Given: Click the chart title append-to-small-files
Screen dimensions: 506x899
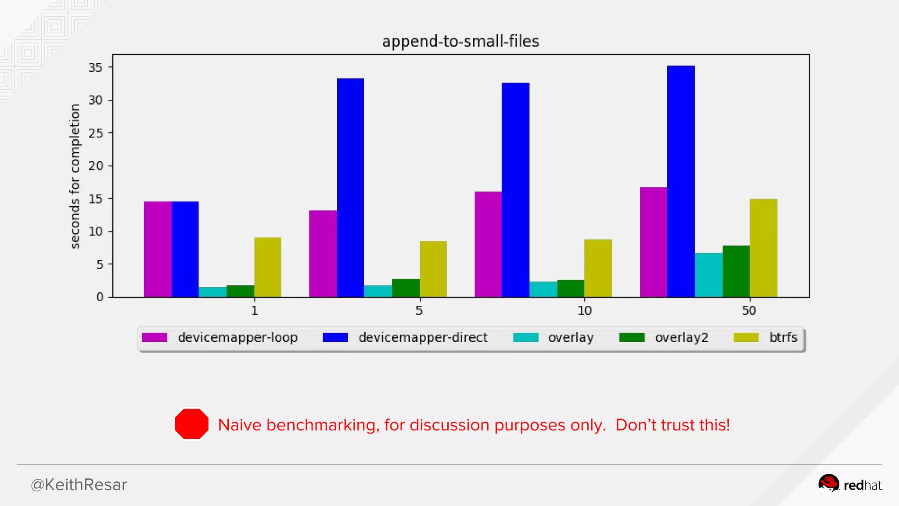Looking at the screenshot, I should (460, 41).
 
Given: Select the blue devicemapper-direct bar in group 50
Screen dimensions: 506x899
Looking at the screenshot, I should (680, 181).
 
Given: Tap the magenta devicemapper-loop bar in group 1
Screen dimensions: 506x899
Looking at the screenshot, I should (158, 249).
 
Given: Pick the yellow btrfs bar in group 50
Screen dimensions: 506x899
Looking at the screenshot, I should (763, 248).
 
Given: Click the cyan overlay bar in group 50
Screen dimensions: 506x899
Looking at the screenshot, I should (708, 275).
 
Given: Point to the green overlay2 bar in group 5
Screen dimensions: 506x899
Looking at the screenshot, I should (406, 288).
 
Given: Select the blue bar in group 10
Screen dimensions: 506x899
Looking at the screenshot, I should (515, 190).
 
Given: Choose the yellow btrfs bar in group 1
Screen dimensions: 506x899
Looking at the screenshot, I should (268, 267).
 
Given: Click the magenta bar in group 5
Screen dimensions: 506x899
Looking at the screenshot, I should (323, 254).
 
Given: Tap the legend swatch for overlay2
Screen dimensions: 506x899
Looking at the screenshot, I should (632, 337).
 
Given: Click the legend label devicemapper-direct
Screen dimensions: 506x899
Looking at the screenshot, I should (423, 337).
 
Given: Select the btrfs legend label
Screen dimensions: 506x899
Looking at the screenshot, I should (783, 337).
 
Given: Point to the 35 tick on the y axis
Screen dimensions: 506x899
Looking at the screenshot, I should (96, 68).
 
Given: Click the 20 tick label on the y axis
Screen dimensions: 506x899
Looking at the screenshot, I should (96, 166).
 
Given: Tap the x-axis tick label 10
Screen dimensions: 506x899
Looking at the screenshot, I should (584, 311).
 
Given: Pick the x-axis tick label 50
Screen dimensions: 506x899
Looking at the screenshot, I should (749, 311).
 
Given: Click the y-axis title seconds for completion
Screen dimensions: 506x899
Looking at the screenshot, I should (75, 176).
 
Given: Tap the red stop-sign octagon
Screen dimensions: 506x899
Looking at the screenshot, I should (191, 424).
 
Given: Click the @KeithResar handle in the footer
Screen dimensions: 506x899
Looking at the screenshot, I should (79, 484).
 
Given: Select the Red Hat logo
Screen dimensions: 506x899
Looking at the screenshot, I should (850, 484).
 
